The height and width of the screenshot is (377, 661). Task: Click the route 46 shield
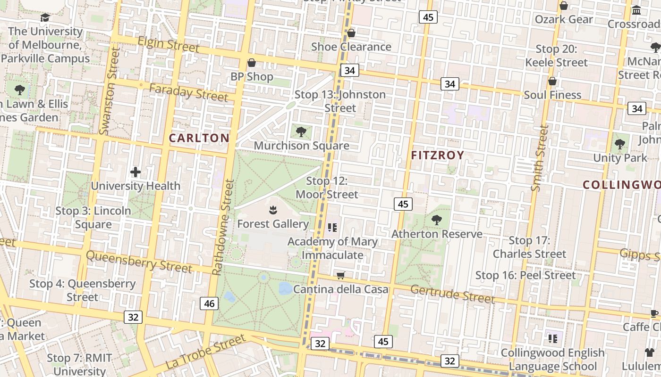point(209,304)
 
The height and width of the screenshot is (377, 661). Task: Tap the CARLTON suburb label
point(199,138)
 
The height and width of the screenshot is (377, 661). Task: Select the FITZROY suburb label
point(437,155)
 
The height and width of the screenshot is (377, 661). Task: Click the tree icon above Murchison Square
point(301,131)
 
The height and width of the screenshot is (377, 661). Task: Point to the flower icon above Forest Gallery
point(272,210)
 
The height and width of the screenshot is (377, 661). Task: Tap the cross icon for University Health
point(136,172)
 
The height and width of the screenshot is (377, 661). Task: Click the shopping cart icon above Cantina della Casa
point(340,275)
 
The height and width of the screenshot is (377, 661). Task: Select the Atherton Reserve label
point(437,234)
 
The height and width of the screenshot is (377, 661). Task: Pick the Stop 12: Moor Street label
point(327,188)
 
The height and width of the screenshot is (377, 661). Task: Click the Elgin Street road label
point(168,45)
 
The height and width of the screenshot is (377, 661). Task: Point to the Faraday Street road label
point(188,92)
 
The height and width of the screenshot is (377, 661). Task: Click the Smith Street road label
point(540,158)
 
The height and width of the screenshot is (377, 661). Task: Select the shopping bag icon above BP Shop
point(252,63)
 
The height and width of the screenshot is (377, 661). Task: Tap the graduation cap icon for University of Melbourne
point(45,18)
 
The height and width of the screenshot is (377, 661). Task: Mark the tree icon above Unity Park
point(620,144)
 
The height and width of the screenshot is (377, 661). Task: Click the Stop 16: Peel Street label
point(525,275)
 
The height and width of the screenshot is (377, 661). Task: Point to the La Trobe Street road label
point(206,352)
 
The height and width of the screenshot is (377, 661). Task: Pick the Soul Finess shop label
point(552,95)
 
